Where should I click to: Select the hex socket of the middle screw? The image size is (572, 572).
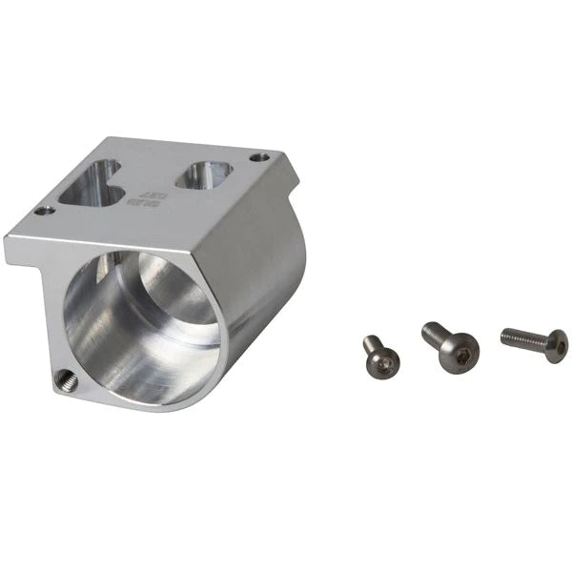tap(462, 357)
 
